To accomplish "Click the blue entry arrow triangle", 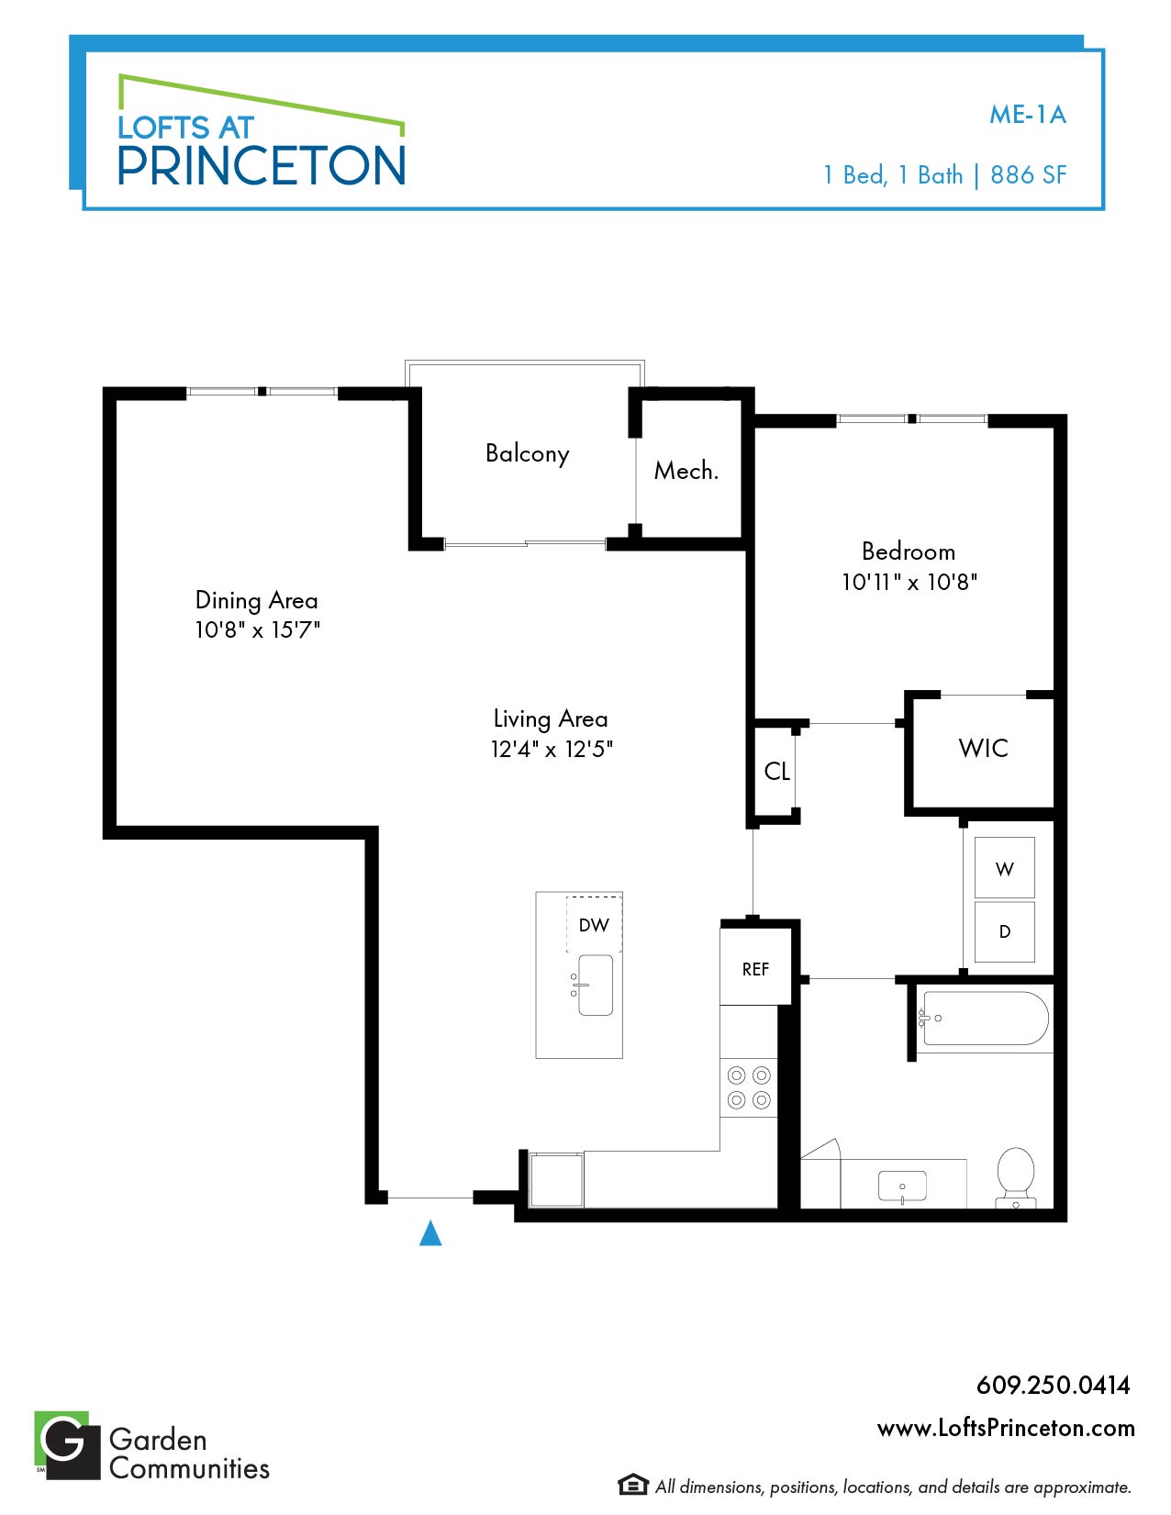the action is [430, 1232].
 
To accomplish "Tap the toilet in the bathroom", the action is [1016, 1177].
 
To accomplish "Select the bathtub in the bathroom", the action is [986, 1019].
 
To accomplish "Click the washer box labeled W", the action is [1004, 867].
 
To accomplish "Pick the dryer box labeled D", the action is [1004, 931].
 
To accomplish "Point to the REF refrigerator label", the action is [755, 969].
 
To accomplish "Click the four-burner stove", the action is [749, 1087].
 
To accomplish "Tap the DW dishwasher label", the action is [594, 925].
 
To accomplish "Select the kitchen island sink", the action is [595, 985].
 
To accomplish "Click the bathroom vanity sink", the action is [902, 1186].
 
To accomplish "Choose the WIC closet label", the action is [983, 748].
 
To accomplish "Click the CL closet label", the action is [776, 771].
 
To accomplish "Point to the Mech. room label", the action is [686, 471].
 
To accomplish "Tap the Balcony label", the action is [528, 454].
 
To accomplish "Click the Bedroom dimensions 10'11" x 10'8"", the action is [909, 582].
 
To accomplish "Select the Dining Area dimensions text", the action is [257, 630].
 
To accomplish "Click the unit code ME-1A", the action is [1028, 115].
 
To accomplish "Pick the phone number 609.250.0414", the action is [1054, 1386].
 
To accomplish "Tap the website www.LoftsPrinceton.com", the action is [1006, 1429].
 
